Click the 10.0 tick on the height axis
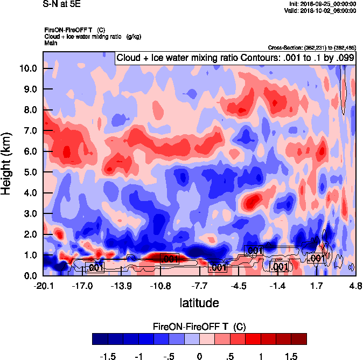pos(28,68)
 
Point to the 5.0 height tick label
pos(30,172)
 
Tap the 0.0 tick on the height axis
pos(30,276)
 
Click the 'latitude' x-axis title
pos(199,303)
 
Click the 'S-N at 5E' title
pos(61,4)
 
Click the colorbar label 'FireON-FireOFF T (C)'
pos(199,327)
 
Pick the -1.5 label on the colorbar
pos(109,357)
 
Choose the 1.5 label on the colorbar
pos(291,357)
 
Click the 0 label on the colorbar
pos(199,357)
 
